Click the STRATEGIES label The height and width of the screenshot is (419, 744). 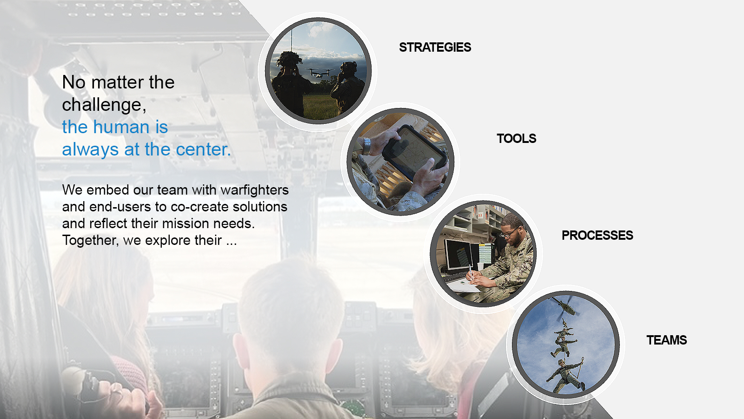[435, 47]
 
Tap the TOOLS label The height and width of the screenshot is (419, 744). [516, 138]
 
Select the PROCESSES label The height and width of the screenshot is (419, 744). [597, 235]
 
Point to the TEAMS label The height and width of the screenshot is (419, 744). [666, 340]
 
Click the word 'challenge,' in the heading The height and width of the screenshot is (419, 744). [104, 105]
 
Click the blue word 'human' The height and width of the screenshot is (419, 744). [121, 127]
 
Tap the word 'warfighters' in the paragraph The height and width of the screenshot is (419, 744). [254, 190]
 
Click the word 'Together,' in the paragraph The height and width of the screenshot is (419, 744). [90, 240]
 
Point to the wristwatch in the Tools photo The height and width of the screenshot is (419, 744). [366, 146]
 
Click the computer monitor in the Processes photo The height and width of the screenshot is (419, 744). [459, 255]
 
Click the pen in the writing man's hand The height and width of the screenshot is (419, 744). [470, 270]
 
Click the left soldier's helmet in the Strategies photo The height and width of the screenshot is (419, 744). [289, 58]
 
